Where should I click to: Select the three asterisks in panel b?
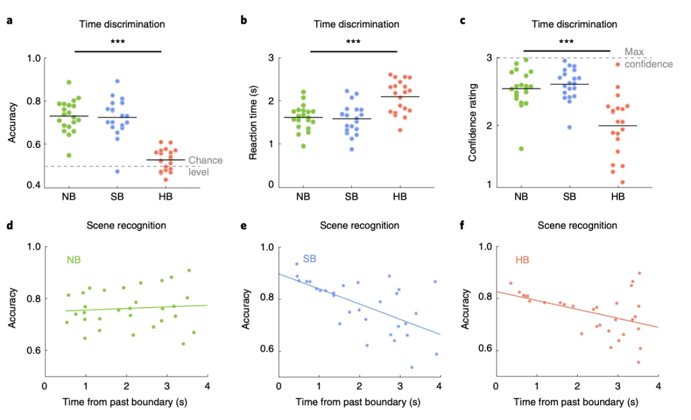click(353, 42)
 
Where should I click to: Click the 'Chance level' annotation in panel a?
click(202, 166)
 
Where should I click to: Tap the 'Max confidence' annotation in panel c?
click(648, 58)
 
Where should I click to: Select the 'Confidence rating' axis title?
click(473, 122)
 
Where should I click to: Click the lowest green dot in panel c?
click(521, 149)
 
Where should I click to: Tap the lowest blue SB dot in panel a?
click(116, 171)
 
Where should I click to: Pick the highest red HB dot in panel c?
click(617, 64)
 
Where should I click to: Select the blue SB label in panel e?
click(310, 259)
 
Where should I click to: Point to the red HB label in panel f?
click(523, 261)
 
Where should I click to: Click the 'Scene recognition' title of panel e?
click(358, 225)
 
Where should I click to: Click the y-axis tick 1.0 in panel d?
click(32, 247)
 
